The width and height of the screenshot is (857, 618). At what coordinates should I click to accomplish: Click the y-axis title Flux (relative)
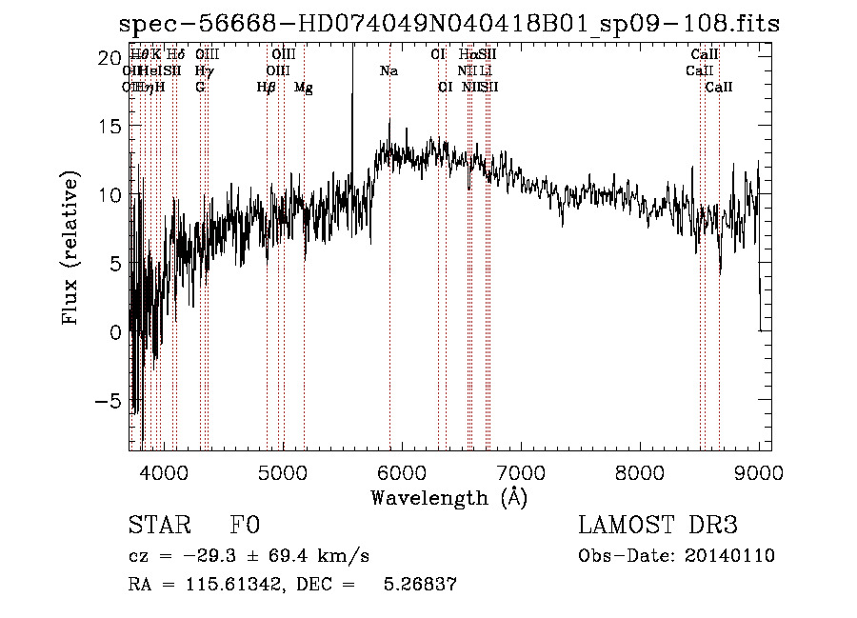click(x=70, y=249)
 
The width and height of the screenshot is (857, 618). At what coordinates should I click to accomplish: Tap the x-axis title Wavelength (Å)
click(x=448, y=497)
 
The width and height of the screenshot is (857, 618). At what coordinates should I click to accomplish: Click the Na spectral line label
click(x=389, y=71)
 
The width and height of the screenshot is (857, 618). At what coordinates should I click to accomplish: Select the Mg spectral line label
click(x=304, y=88)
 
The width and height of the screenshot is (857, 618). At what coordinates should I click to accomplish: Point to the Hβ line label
click(x=266, y=88)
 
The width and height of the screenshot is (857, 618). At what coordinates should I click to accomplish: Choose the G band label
click(x=200, y=88)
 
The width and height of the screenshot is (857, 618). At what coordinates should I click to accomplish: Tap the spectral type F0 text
click(x=245, y=526)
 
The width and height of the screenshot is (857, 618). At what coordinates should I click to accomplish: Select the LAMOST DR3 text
click(x=658, y=526)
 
